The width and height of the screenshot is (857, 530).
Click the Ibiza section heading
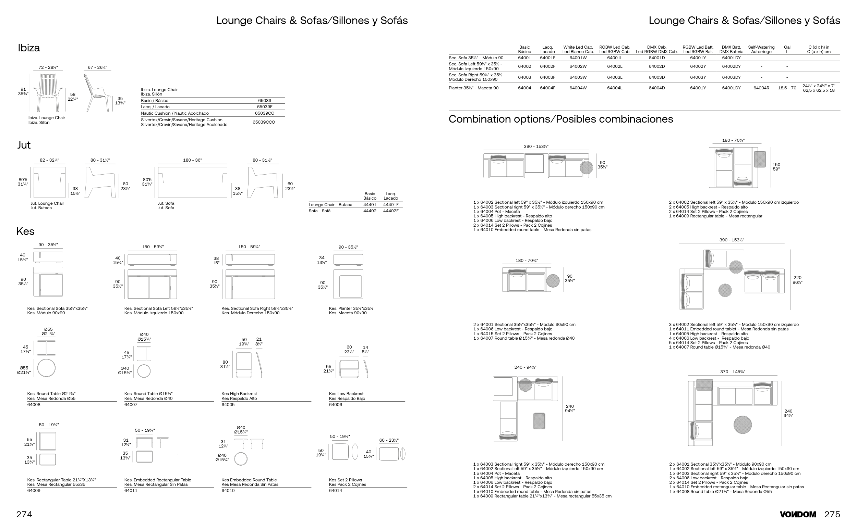(x=29, y=48)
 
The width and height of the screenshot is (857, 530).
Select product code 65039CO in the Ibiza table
(x=264, y=113)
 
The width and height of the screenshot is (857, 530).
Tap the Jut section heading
(x=24, y=145)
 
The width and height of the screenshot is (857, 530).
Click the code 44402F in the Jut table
(x=390, y=211)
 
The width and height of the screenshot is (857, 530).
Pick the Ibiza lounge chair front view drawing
(x=48, y=92)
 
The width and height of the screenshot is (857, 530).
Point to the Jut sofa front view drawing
(x=192, y=182)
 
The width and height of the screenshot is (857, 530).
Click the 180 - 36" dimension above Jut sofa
(x=192, y=160)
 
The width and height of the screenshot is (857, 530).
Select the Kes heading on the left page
(x=25, y=231)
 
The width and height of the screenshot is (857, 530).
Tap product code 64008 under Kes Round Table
(x=34, y=404)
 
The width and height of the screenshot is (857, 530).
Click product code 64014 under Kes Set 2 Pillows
(x=336, y=490)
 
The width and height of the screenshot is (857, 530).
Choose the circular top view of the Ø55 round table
(x=46, y=368)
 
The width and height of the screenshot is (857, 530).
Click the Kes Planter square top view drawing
(x=348, y=284)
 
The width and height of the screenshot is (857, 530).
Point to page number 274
(x=24, y=514)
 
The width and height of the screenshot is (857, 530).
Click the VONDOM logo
(x=798, y=515)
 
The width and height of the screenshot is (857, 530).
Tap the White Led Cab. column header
(x=578, y=49)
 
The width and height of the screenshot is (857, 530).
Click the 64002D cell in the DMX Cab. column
(x=656, y=66)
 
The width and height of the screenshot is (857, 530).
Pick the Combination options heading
(x=560, y=119)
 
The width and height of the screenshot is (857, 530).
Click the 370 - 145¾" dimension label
(x=732, y=372)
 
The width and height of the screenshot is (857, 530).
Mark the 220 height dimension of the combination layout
(x=797, y=280)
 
